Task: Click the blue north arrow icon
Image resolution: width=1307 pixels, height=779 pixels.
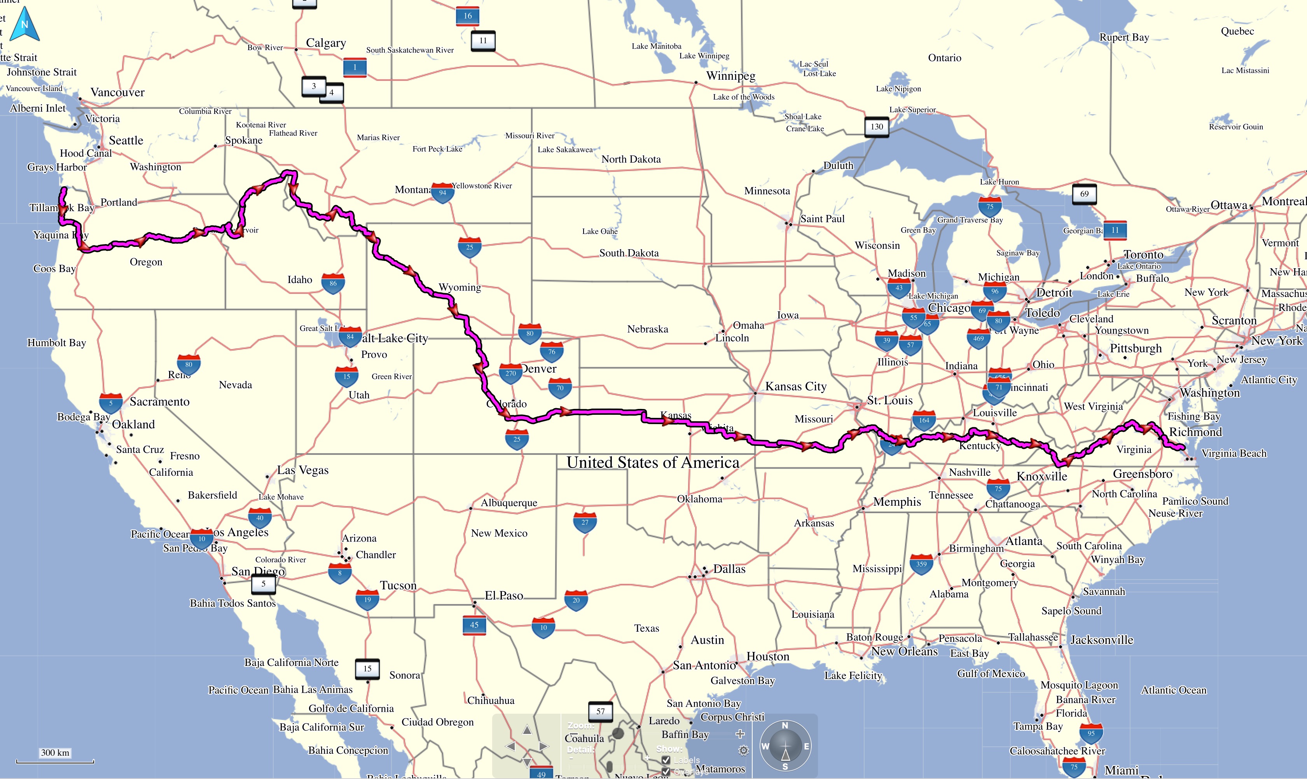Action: click(24, 24)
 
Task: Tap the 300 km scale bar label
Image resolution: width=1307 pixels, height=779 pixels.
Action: click(55, 752)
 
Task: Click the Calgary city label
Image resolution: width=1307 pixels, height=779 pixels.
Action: click(326, 43)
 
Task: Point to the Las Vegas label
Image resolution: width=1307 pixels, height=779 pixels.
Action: click(303, 470)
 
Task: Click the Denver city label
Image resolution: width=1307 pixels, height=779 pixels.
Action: click(539, 369)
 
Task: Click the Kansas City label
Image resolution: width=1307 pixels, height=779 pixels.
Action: click(796, 387)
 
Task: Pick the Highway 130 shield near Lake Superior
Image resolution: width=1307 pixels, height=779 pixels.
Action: click(877, 126)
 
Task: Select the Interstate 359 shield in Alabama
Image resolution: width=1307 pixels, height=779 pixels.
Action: click(921, 564)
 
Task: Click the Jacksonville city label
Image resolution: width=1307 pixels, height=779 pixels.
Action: click(1102, 640)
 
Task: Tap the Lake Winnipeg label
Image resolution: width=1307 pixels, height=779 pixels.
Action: click(704, 56)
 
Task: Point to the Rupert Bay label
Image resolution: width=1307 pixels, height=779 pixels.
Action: click(1124, 37)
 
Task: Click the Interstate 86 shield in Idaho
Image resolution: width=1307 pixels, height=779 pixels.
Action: click(333, 283)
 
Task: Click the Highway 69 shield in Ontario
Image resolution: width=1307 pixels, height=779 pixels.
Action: click(1084, 194)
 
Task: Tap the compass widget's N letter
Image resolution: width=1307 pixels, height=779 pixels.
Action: click(785, 725)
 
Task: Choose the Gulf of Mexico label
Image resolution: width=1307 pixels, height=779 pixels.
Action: click(991, 674)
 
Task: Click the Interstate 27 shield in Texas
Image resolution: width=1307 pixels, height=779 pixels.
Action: click(585, 522)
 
